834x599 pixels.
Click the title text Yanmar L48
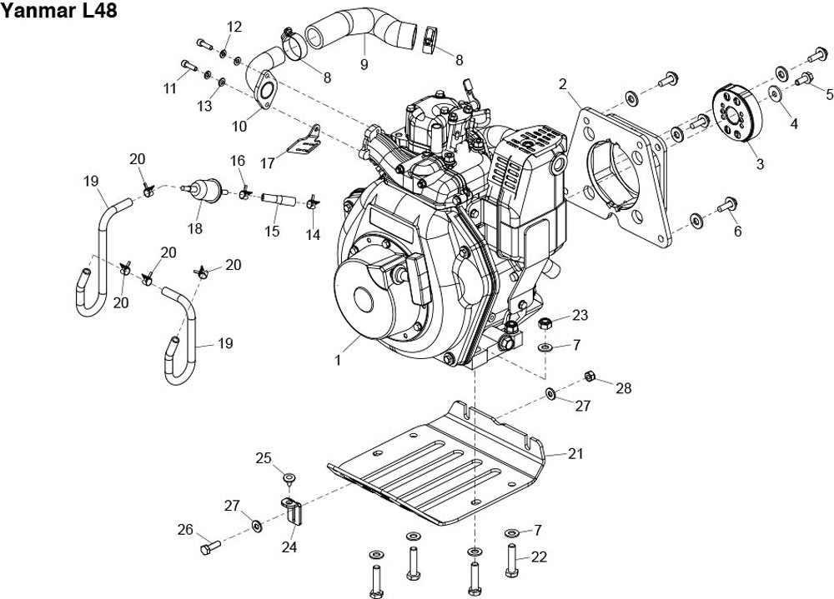(59, 11)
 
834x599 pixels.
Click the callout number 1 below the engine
(338, 360)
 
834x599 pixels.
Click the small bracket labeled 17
(304, 142)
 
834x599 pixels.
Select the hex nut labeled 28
(590, 376)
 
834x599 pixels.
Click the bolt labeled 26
(208, 547)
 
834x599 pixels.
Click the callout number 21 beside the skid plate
(575, 454)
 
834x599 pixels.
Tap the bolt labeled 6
(725, 201)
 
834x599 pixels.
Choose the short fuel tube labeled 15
(274, 198)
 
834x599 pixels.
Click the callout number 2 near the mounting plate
(562, 83)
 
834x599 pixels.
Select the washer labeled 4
(775, 94)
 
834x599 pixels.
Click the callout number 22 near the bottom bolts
(539, 557)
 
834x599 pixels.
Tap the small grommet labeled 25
(289, 477)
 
